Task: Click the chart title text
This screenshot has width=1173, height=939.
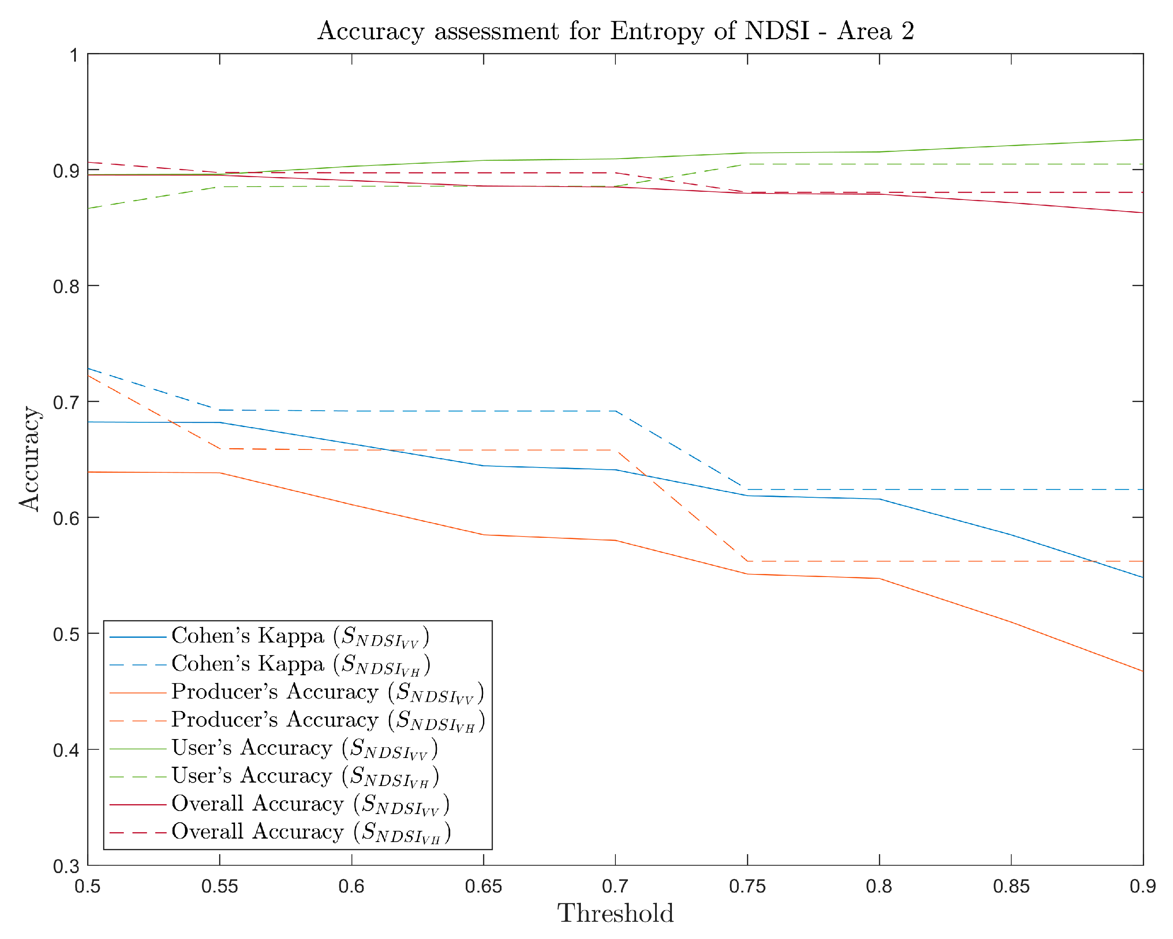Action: (615, 31)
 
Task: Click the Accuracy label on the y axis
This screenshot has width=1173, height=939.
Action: (29, 459)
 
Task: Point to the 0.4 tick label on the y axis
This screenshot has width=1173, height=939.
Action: (66, 750)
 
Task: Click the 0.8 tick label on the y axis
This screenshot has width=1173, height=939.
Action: (66, 287)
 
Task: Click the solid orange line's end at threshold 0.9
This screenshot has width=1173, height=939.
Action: (1142, 671)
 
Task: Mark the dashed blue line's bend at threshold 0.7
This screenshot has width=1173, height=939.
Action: (615, 411)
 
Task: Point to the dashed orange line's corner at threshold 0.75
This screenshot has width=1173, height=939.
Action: (747, 561)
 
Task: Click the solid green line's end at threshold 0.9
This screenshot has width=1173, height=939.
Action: (1142, 140)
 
